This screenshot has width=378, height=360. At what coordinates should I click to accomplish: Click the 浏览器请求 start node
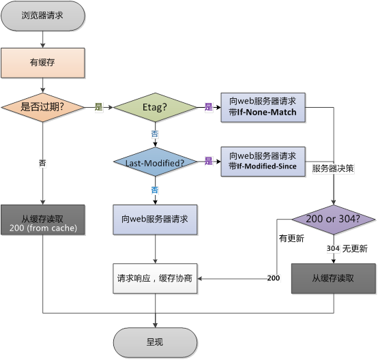point(43,15)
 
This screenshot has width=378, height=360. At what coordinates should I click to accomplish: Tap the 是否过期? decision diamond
point(43,107)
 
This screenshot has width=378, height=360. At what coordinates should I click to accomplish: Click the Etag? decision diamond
point(155,107)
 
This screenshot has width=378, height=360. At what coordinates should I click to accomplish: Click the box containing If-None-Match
point(263,107)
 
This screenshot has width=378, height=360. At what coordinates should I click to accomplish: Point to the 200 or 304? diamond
point(334,220)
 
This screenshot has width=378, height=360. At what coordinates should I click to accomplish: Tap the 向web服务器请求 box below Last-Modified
point(155,220)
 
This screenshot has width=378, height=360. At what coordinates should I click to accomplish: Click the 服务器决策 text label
point(333,168)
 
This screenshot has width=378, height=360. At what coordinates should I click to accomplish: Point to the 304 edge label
point(334,248)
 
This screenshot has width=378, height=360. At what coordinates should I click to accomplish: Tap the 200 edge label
point(274,278)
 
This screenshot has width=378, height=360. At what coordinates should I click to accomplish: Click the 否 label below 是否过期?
point(43,163)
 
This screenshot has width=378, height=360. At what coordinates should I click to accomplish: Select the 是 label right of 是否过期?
point(98,107)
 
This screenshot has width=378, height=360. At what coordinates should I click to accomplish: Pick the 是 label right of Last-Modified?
point(209,162)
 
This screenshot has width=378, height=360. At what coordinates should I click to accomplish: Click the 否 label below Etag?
point(155,134)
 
